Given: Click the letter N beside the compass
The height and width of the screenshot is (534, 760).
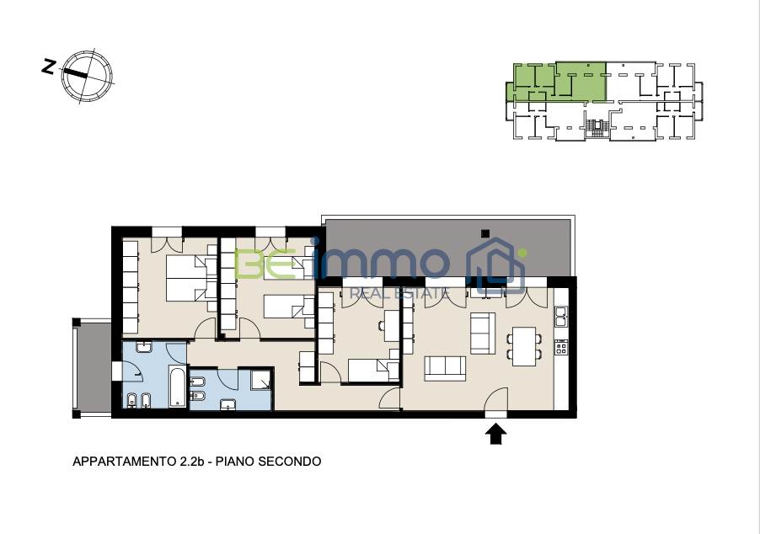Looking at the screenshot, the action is (x=48, y=67).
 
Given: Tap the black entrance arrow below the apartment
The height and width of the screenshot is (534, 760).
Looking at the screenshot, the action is (x=495, y=434).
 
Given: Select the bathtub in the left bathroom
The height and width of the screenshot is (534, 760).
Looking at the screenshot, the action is (x=177, y=387).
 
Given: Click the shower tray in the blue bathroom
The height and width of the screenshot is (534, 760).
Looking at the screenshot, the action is (x=260, y=378).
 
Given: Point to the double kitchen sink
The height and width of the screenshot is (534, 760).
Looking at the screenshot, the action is (x=561, y=316).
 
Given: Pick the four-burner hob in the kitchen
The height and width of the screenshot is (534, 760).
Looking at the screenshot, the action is (x=561, y=347).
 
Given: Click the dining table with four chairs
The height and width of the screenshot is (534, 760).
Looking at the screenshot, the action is (x=524, y=346).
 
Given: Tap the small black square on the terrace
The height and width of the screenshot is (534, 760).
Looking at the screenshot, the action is (x=485, y=233).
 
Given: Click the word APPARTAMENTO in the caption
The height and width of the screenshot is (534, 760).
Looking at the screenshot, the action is (x=123, y=462).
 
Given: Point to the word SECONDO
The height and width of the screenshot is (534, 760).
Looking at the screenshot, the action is (x=289, y=462).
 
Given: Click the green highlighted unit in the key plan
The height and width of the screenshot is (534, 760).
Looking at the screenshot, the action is (x=558, y=82).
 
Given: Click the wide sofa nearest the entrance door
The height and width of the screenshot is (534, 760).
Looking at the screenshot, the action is (x=446, y=368).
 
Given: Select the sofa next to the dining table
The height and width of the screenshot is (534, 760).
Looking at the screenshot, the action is (x=483, y=333).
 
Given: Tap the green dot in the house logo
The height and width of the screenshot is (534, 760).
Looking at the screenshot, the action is (x=522, y=253).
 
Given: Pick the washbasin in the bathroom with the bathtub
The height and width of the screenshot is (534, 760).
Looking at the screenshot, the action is (x=144, y=347).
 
